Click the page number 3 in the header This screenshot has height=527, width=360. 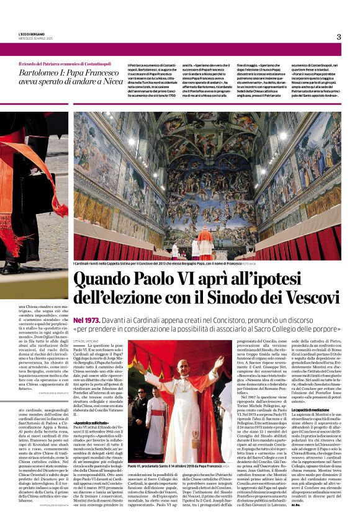coord(339,37)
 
